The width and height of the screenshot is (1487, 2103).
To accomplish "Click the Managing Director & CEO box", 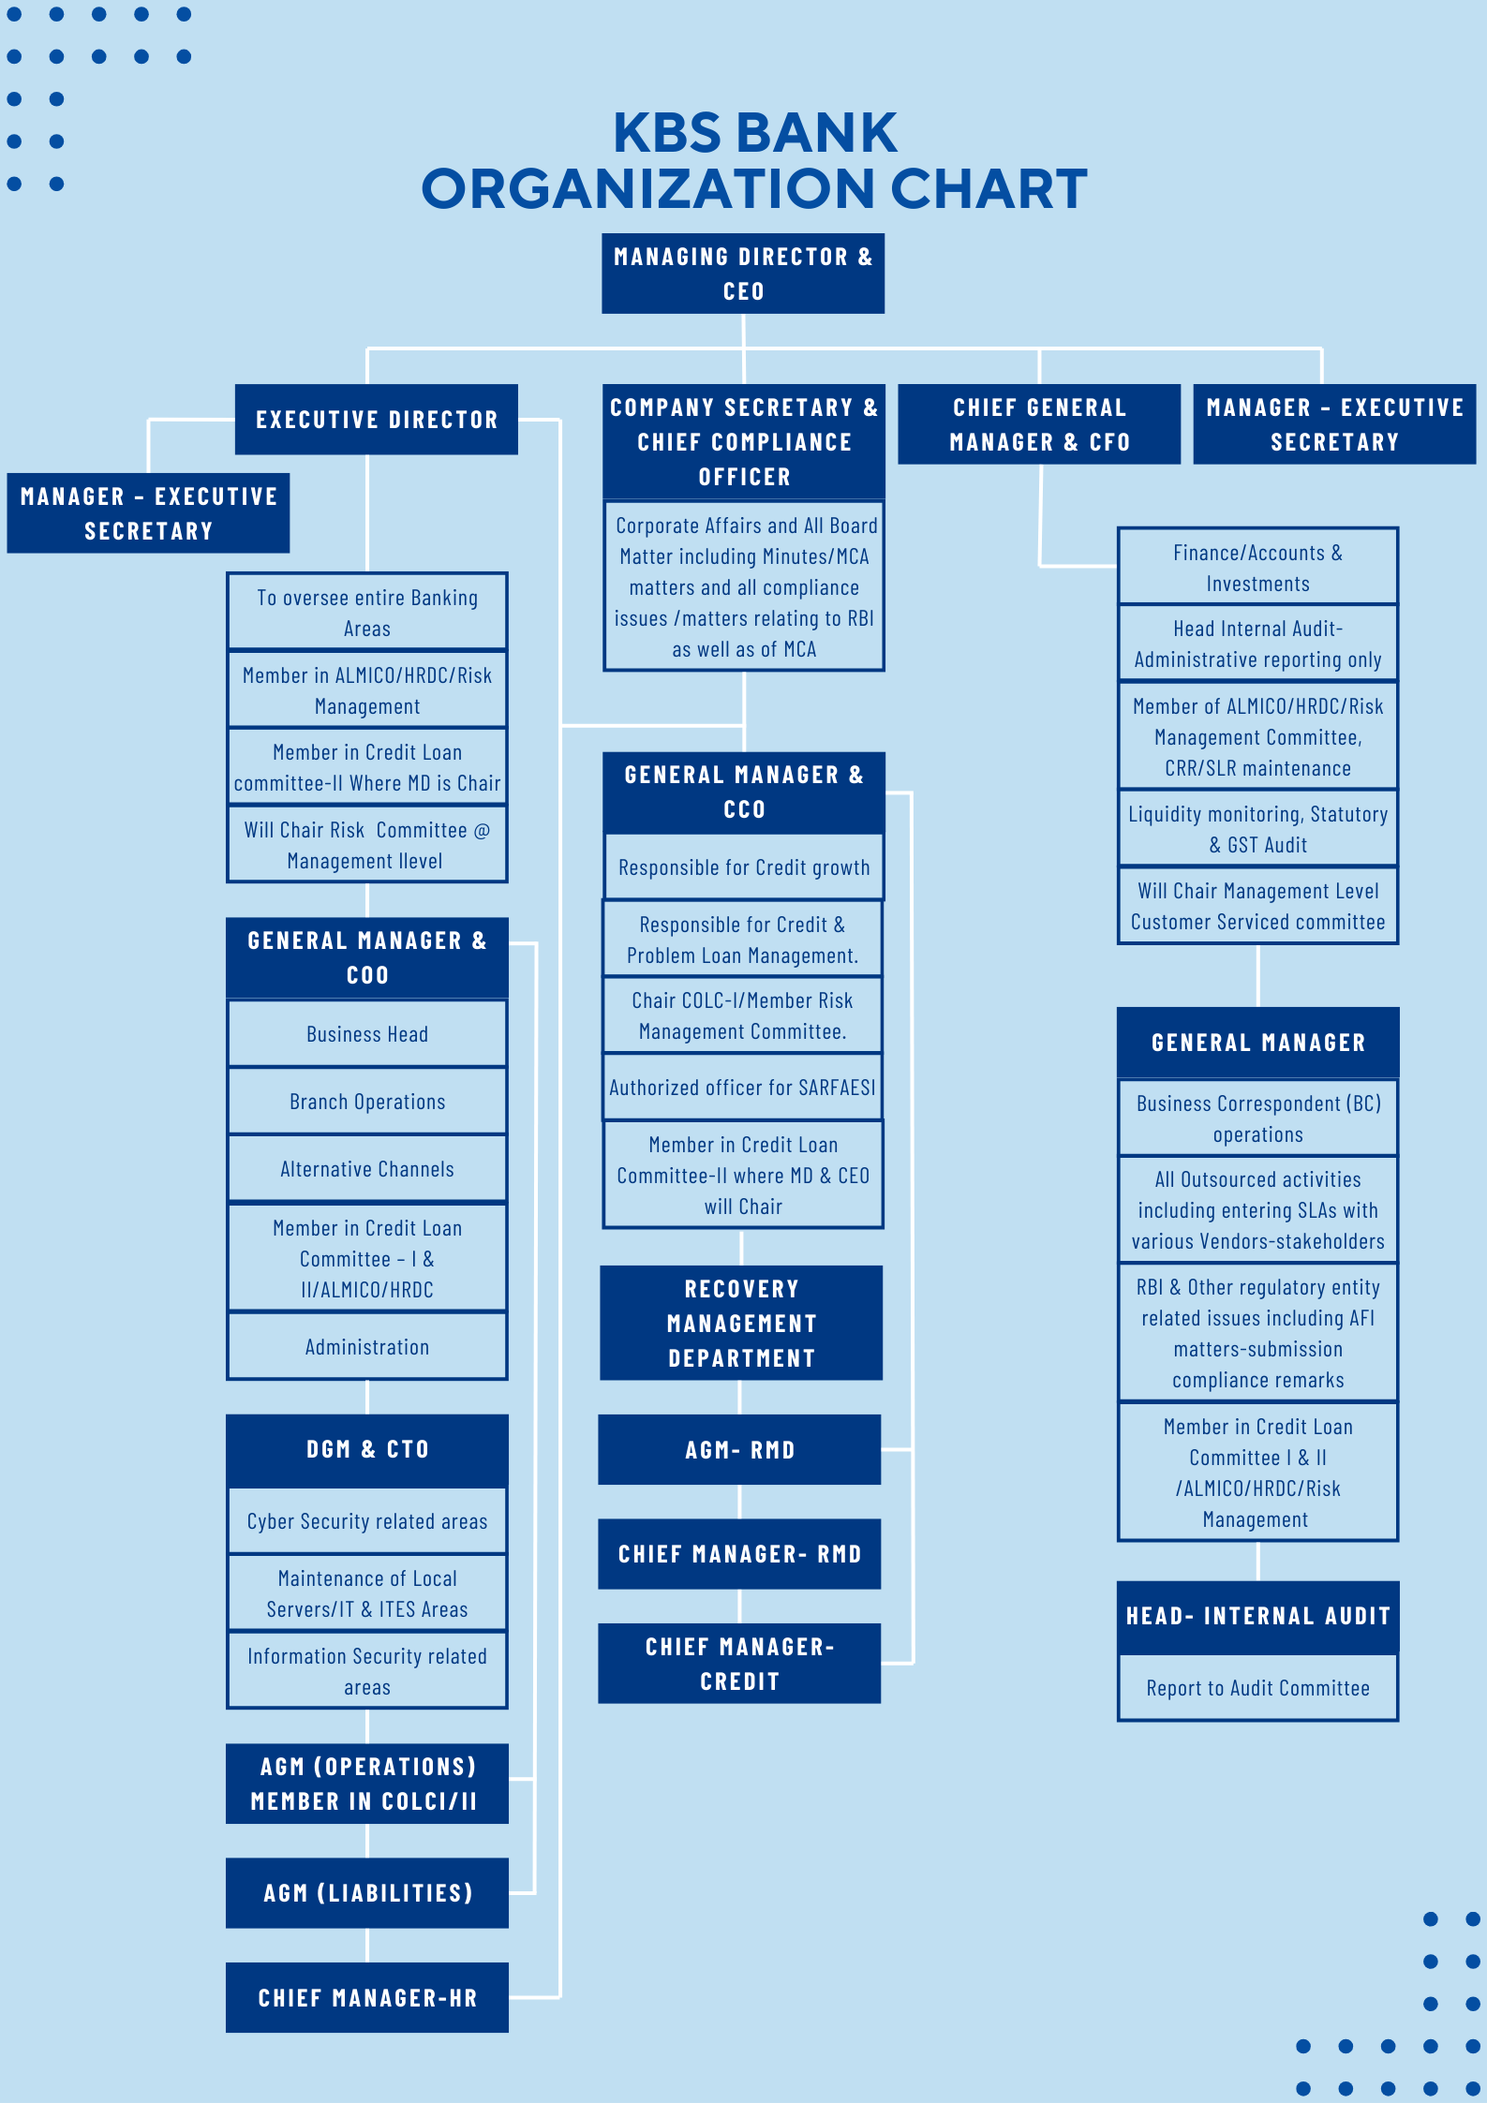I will (743, 274).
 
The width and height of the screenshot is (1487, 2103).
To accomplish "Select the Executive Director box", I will (376, 420).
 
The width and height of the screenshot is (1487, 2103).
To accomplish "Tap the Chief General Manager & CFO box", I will (1039, 424).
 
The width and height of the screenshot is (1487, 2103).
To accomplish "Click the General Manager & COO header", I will (367, 957).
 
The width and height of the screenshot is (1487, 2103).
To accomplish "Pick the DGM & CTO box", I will (367, 1449).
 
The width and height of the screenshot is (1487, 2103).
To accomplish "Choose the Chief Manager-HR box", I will (367, 1997).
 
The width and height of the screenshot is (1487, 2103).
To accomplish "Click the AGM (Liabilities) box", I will (367, 1892).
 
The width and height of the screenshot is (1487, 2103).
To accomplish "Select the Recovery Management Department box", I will (741, 1323).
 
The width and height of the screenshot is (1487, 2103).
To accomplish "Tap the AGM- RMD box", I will (739, 1449).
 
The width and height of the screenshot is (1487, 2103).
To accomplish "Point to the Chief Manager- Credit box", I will (739, 1663).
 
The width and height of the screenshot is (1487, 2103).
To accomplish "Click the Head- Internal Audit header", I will (1257, 1616).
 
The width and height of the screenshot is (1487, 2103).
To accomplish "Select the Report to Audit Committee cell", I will (1257, 1688).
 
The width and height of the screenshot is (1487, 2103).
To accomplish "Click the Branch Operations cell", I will (367, 1102).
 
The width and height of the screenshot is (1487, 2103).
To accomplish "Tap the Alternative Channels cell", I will (367, 1169).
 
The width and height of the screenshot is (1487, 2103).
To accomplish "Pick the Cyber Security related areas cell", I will (367, 1521).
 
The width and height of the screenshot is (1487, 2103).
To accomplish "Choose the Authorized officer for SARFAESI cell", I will (742, 1088).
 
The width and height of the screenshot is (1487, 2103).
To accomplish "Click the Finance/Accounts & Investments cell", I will (1257, 568).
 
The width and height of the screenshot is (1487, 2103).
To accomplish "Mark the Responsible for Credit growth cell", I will (744, 867).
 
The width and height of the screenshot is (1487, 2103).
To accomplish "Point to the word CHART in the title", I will (989, 188).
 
